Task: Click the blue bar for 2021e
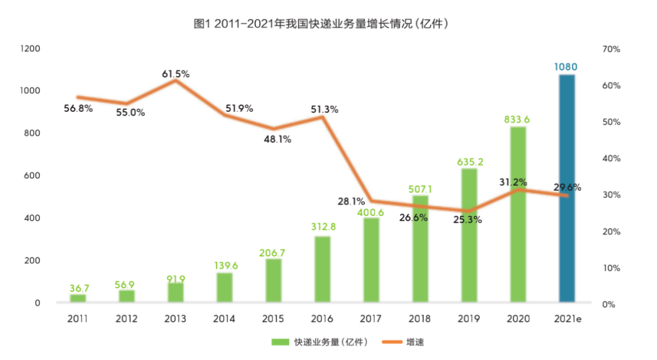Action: click(x=566, y=189)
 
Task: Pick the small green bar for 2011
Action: click(x=78, y=298)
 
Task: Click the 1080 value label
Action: click(x=566, y=67)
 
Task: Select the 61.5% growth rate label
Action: click(x=176, y=74)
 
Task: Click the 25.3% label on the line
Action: click(x=468, y=220)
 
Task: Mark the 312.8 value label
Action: click(x=322, y=227)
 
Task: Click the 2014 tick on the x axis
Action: click(x=224, y=319)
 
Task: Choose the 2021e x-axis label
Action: click(x=566, y=319)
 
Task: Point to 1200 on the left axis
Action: click(x=30, y=48)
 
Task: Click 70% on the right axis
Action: click(x=610, y=49)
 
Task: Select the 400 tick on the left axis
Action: click(x=32, y=218)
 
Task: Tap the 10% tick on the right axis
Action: click(x=610, y=268)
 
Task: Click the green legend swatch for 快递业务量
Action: click(x=281, y=342)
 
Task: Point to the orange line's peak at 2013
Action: click(x=176, y=80)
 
